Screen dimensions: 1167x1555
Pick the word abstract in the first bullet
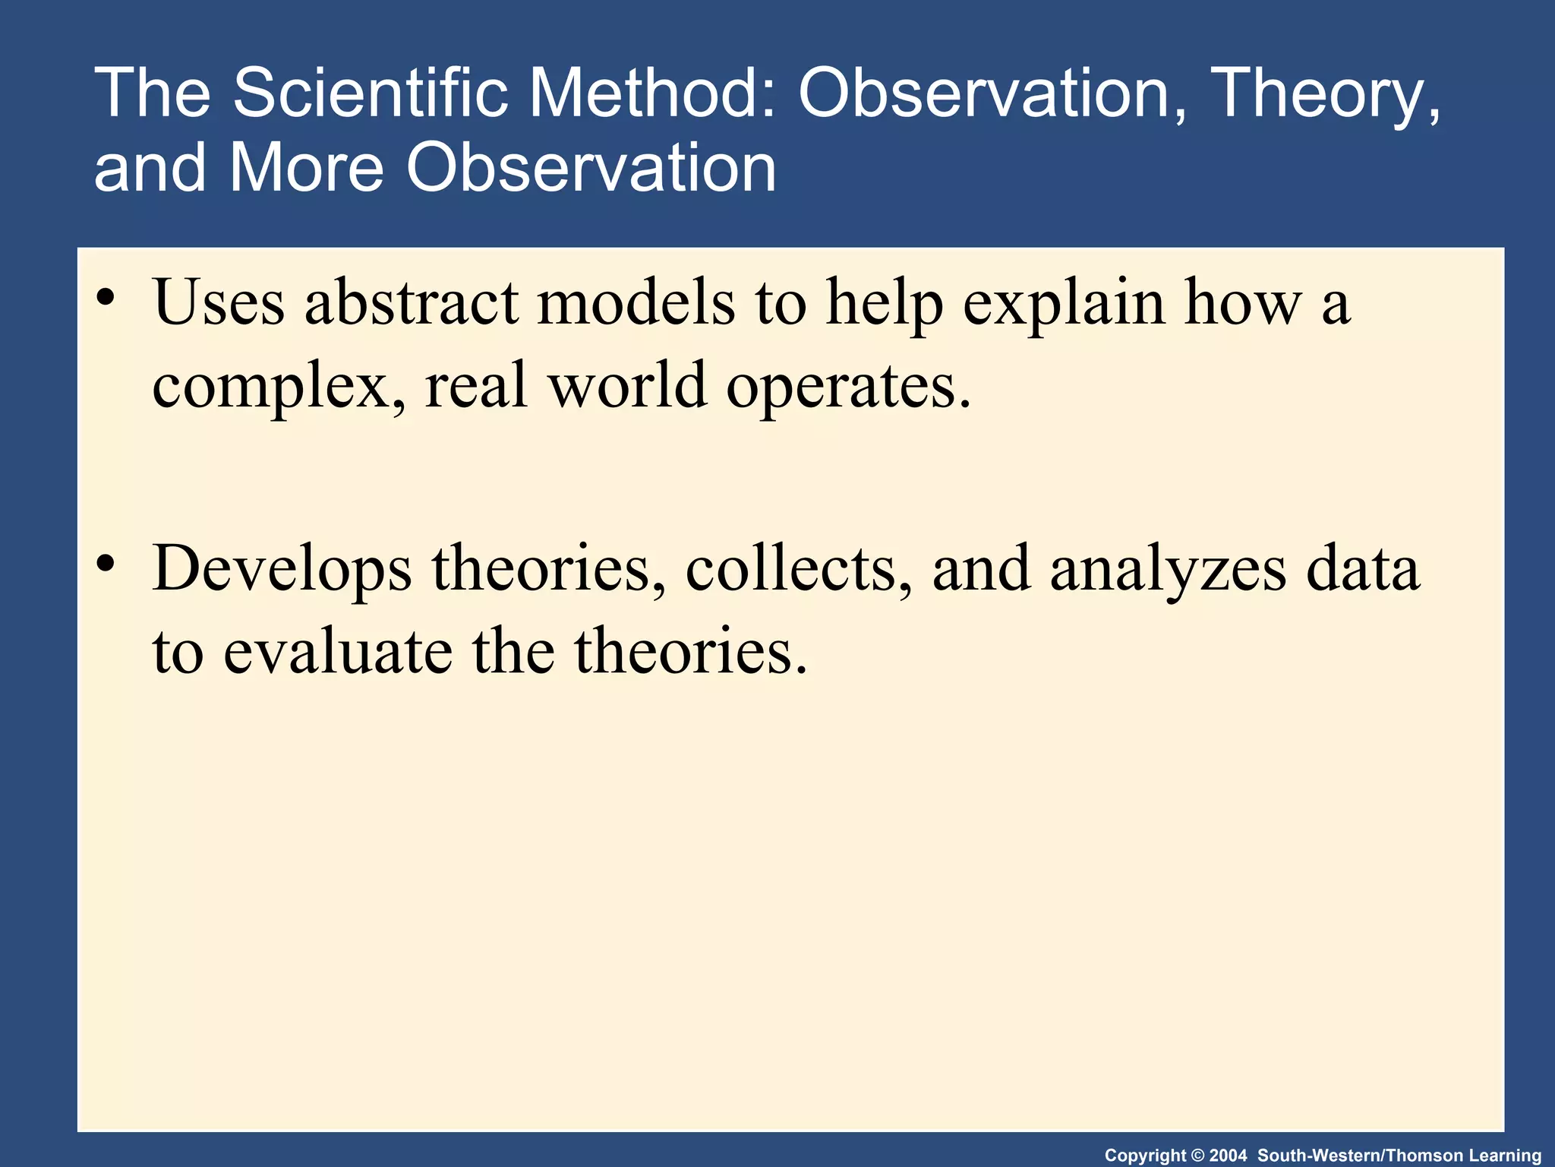(x=411, y=302)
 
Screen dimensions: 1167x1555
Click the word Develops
(x=282, y=570)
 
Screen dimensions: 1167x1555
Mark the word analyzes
(x=1169, y=570)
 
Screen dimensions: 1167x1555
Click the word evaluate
(x=338, y=652)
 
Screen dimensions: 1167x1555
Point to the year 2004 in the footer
(x=1229, y=1156)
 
